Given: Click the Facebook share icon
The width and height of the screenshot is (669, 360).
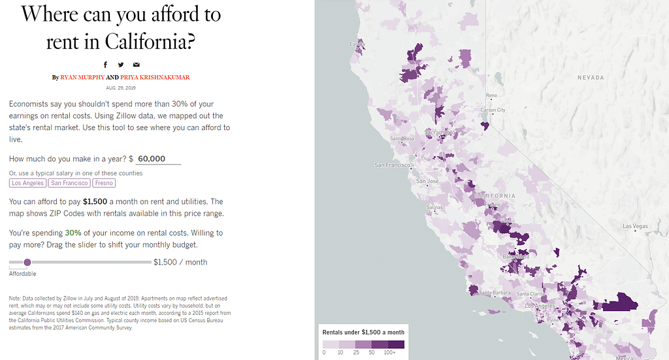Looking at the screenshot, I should coord(105,65).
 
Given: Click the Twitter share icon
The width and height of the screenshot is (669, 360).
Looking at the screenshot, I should coord(121,65).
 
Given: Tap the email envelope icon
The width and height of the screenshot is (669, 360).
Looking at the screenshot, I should coord(137,65).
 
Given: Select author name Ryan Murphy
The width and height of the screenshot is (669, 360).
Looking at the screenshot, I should coord(82,77).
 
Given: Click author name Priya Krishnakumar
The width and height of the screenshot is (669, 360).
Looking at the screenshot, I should coord(155,77).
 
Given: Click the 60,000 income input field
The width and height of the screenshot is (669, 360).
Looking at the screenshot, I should coord(157,159).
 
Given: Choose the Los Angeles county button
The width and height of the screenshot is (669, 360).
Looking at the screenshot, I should coord(27,183).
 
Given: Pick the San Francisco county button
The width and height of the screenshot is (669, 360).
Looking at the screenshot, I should coord(70,183).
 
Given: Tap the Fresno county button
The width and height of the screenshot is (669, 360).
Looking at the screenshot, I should coord(104,183).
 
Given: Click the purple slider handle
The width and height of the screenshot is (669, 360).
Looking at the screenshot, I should coord(27,262).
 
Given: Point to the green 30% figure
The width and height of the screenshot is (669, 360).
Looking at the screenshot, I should coord(73,233).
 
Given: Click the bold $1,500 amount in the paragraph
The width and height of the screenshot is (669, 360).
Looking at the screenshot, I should coord(95,202).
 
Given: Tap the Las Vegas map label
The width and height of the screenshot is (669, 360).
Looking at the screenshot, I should coord(634,226).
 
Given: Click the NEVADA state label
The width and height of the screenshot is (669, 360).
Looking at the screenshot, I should coord(591,77).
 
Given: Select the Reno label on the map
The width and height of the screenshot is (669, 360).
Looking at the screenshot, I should coord(491,95).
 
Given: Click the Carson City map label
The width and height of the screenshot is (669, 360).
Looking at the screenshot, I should coord(493,110).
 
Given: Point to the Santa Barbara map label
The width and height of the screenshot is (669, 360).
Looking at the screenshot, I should coord(495,292).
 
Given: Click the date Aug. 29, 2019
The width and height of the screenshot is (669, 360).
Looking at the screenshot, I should coord(121,88).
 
